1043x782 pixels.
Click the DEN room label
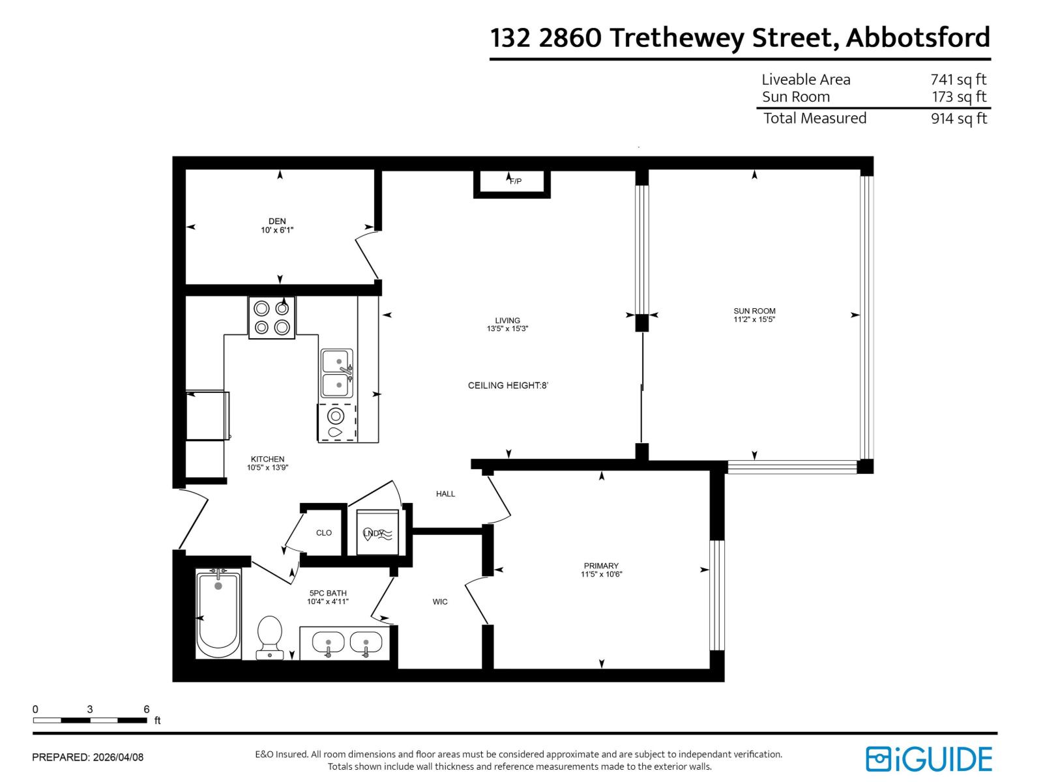(x=277, y=222)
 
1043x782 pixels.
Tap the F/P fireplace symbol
(x=515, y=181)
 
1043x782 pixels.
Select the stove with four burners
(x=272, y=317)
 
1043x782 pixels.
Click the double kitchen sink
(x=337, y=373)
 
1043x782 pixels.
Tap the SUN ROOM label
(x=754, y=311)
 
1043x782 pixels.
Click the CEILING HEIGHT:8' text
(x=508, y=385)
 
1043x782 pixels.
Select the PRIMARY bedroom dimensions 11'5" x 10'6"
(x=602, y=575)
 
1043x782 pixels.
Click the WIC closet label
(x=440, y=601)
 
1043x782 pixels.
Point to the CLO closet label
(x=324, y=532)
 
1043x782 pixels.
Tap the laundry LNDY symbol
(x=377, y=533)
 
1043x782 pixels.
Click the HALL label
(x=445, y=494)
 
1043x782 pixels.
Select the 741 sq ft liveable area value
(x=958, y=80)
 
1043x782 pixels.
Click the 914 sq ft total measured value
(x=958, y=119)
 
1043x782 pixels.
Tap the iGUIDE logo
(x=929, y=759)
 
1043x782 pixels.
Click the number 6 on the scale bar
(x=147, y=709)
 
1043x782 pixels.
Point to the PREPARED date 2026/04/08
(x=118, y=757)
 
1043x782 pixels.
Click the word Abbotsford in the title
(x=918, y=38)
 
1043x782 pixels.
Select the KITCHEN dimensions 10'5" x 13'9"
(x=267, y=467)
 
